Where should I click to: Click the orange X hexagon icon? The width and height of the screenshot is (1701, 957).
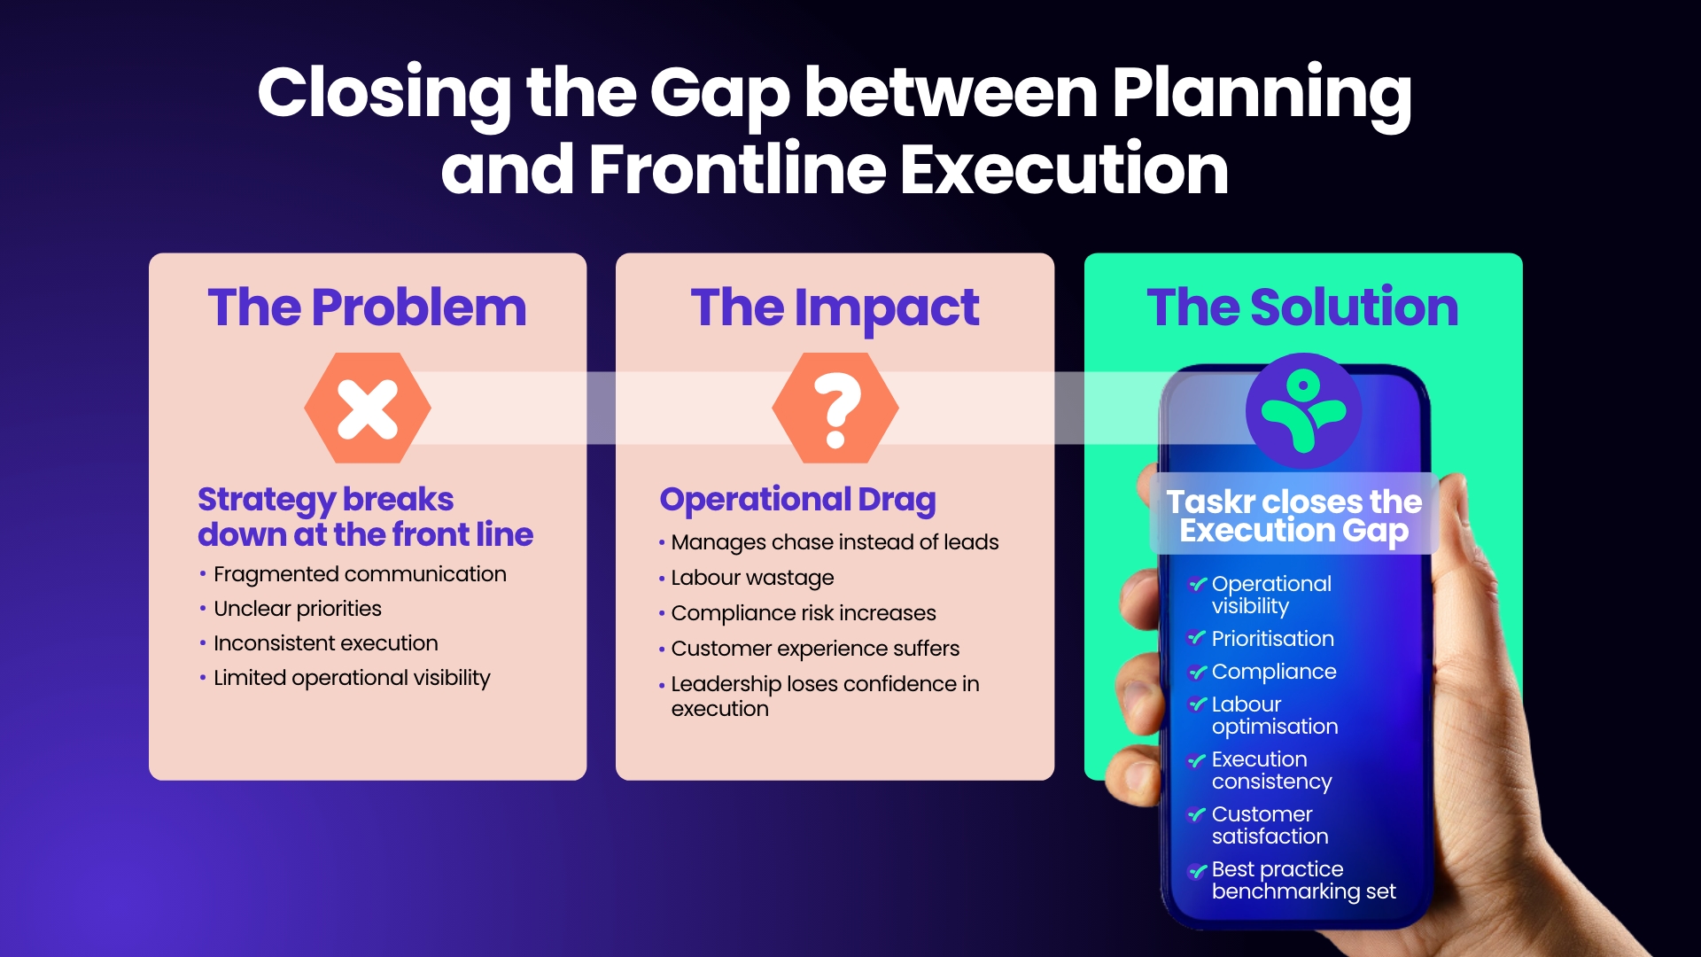point(368,408)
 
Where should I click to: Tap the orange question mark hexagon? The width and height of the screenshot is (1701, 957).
point(835,408)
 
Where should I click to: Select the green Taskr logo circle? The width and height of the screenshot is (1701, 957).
point(1303,410)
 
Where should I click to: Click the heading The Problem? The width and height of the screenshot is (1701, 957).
point(368,307)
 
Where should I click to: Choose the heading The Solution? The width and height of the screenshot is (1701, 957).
point(1303,307)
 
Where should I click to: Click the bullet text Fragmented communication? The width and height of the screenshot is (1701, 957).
point(360,574)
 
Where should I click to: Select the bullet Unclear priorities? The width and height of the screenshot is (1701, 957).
point(298,609)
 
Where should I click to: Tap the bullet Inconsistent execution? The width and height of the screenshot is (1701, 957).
point(326,643)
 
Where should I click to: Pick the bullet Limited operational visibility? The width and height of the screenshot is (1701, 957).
point(352,678)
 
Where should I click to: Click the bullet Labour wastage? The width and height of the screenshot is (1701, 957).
point(752,578)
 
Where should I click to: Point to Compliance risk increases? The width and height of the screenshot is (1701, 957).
point(804,613)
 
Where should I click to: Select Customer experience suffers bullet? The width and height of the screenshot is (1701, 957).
point(815,649)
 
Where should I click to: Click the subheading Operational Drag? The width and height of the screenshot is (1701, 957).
point(797,501)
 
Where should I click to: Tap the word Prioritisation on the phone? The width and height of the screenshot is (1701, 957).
point(1273,639)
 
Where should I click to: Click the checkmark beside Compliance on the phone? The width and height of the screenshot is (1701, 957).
point(1197,673)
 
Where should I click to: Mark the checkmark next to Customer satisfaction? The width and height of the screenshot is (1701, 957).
point(1197,815)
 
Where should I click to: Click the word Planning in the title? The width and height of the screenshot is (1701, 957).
point(1262,94)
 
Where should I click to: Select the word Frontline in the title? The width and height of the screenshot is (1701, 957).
point(737,169)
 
